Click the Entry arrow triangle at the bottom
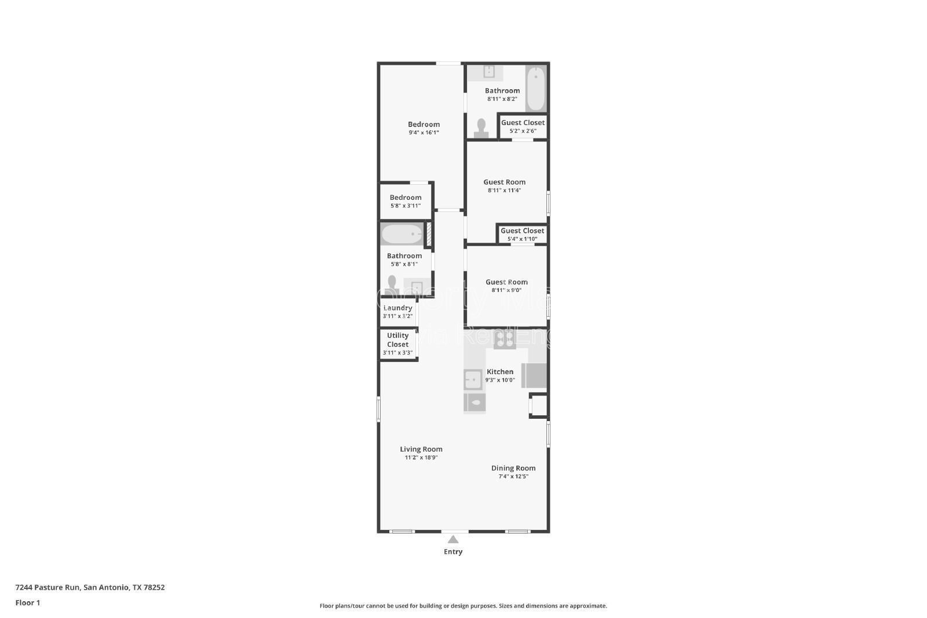click(453, 540)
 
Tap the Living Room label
click(421, 449)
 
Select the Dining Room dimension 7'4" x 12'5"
click(513, 477)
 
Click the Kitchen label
click(500, 372)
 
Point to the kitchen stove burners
click(505, 339)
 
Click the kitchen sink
click(473, 380)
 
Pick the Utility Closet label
click(398, 340)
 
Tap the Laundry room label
click(398, 308)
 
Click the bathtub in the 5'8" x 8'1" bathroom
click(402, 234)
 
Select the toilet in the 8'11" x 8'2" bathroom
click(481, 128)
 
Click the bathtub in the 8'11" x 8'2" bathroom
click(536, 89)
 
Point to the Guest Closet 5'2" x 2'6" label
click(523, 123)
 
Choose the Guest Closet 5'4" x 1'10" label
click(523, 231)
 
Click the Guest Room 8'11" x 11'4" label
click(505, 182)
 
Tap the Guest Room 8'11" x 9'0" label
click(506, 282)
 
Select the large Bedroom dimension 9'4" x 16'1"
click(424, 133)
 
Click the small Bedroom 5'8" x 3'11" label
click(406, 198)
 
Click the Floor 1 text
click(28, 603)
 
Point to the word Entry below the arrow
click(453, 552)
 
